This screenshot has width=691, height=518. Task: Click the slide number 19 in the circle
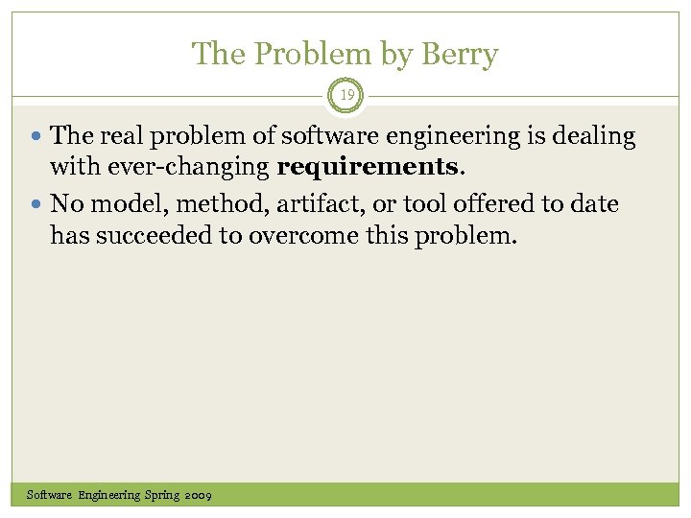tap(345, 94)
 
